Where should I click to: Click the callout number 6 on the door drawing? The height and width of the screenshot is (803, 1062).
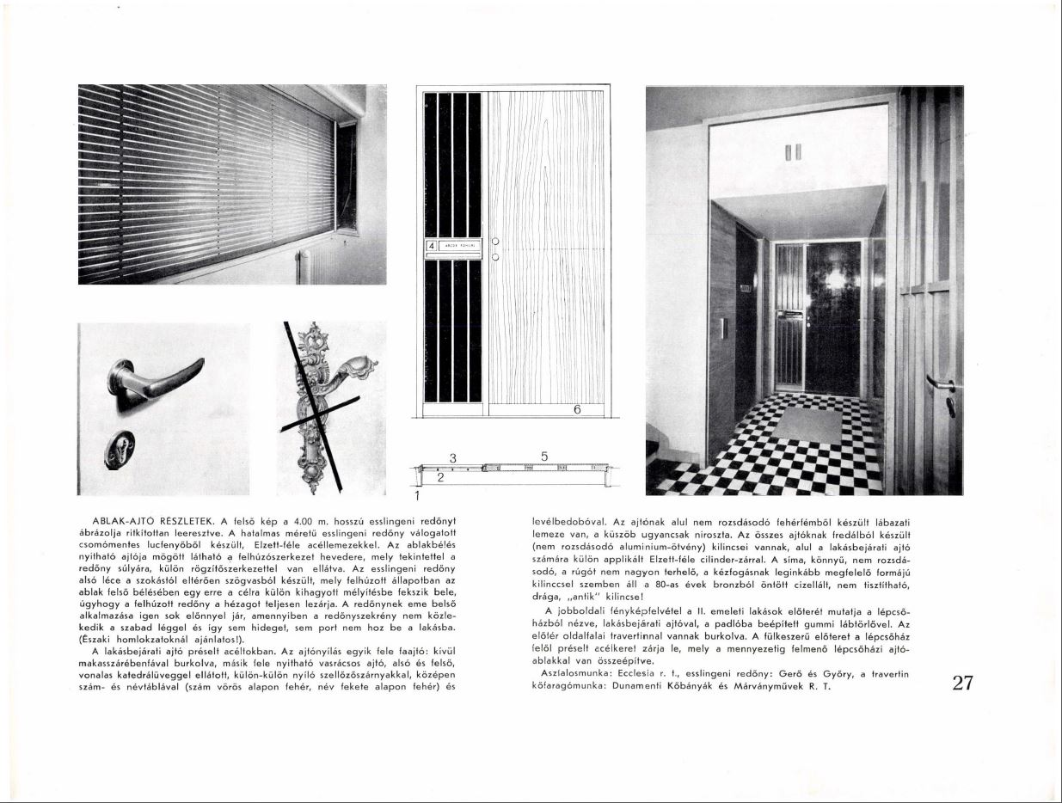(578, 410)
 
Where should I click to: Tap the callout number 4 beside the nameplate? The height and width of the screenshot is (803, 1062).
(432, 244)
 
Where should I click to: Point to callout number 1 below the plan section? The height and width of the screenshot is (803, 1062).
(416, 496)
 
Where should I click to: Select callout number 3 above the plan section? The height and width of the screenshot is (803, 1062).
(452, 457)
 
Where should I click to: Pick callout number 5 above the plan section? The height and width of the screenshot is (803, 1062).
(544, 456)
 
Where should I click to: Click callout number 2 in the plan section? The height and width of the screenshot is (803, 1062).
(439, 478)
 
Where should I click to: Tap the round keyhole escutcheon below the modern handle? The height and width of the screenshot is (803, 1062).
(120, 450)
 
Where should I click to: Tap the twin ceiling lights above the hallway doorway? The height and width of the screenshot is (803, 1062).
(793, 152)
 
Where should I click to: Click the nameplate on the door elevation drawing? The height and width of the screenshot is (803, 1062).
(460, 244)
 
